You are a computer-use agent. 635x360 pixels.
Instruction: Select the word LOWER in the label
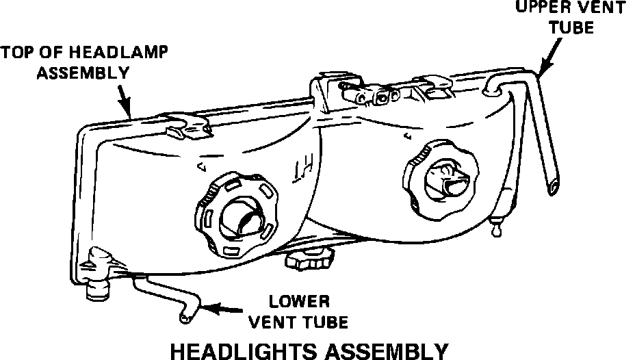(x=300, y=301)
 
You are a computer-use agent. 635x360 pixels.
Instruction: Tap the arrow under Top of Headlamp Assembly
(x=124, y=99)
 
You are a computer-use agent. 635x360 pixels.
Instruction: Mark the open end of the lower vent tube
(x=183, y=318)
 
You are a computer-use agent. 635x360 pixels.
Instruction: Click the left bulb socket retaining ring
(x=236, y=216)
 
